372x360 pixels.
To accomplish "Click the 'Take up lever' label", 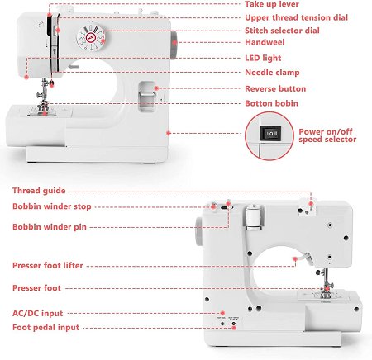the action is pyautogui.click(x=272, y=4).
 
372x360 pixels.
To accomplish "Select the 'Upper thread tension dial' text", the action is pyautogui.click(x=296, y=17).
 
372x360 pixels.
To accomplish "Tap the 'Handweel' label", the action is pyautogui.click(x=265, y=42).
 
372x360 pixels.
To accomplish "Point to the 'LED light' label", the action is pyautogui.click(x=263, y=58).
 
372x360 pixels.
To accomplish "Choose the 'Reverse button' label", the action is pyautogui.click(x=275, y=88).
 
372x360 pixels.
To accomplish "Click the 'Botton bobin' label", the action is pyautogui.click(x=271, y=103).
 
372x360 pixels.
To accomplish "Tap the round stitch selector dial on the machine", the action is pyautogui.click(x=91, y=38).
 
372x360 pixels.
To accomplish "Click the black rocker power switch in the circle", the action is pyautogui.click(x=270, y=134).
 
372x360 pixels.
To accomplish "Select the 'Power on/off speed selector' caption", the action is pyautogui.click(x=327, y=135).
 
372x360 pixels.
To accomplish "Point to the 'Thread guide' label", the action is pyautogui.click(x=39, y=191).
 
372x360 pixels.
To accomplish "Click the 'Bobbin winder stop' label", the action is pyautogui.click(x=52, y=206).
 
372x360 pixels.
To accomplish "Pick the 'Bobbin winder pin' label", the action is pyautogui.click(x=50, y=227).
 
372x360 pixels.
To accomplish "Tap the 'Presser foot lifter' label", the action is pyautogui.click(x=48, y=266).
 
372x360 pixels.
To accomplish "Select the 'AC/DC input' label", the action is pyautogui.click(x=37, y=313).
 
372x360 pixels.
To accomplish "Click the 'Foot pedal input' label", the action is pyautogui.click(x=45, y=328).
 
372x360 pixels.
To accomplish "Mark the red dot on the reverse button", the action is pyautogui.click(x=156, y=88).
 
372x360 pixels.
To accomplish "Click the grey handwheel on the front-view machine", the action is pyautogui.click(x=174, y=45).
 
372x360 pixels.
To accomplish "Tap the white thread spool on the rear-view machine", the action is pyautogui.click(x=253, y=217).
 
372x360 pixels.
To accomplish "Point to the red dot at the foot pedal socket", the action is pyautogui.click(x=234, y=328).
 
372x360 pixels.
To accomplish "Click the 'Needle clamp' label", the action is pyautogui.click(x=272, y=73).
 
